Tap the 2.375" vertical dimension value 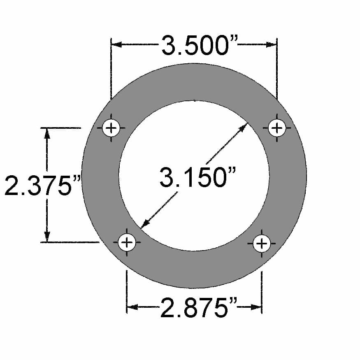[x=41, y=186]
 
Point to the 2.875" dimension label [x=194, y=309]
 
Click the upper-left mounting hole [x=111, y=128]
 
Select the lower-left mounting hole [x=127, y=242]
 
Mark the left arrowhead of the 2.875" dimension [x=132, y=307]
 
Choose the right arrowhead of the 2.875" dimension [x=257, y=307]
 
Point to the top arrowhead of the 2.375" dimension [x=47, y=133]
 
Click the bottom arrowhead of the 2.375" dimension [x=47, y=237]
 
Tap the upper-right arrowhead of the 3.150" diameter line [x=243, y=127]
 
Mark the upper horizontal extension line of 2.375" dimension [x=62, y=128]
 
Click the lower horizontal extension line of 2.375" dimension [x=70, y=242]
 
